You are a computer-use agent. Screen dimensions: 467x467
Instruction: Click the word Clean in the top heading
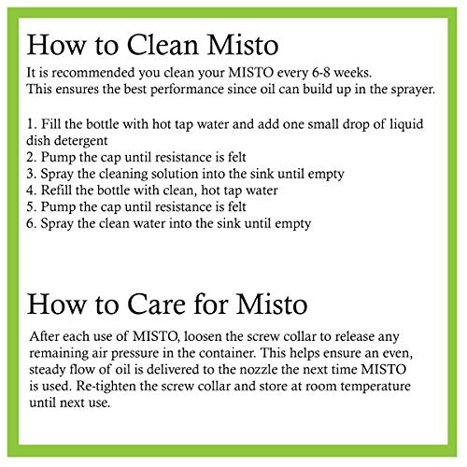pyautogui.click(x=163, y=45)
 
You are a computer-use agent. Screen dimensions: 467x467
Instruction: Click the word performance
pyautogui.click(x=187, y=90)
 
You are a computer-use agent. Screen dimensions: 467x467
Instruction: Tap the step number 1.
pyautogui.click(x=32, y=124)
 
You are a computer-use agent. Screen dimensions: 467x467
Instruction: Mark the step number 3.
pyautogui.click(x=30, y=174)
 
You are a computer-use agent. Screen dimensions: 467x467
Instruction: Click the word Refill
pyautogui.click(x=56, y=190)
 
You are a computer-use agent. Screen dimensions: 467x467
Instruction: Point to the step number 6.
pyautogui.click(x=30, y=223)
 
